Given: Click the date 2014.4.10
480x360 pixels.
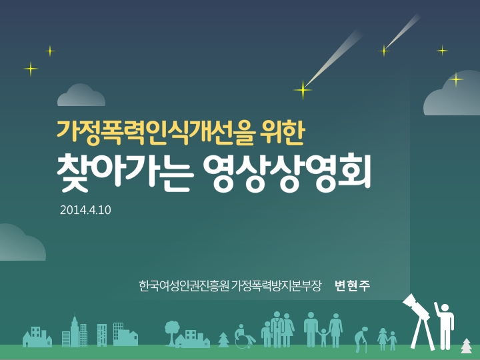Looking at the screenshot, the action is (x=85, y=210).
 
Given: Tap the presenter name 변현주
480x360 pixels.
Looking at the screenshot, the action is (x=353, y=286).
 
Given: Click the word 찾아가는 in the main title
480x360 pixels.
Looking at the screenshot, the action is (x=125, y=173).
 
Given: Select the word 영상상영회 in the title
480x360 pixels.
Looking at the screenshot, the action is (x=287, y=173).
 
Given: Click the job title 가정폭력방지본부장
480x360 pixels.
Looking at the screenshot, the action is (x=276, y=286).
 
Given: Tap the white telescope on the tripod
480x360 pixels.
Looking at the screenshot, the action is (x=419, y=321).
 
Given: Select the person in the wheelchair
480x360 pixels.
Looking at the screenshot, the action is (x=244, y=336).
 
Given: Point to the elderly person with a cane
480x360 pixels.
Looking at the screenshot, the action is (x=361, y=339).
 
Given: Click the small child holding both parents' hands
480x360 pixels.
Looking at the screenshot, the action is (x=323, y=337).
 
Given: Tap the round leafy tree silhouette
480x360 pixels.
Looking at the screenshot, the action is (x=172, y=332).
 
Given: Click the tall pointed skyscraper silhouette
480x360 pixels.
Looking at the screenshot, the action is (x=75, y=331).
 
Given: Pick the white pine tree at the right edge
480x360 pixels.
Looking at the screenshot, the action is (x=466, y=345).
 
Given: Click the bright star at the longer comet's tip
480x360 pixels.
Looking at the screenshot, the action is (x=303, y=90).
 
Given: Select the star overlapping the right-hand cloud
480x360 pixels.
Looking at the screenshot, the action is (x=456, y=79).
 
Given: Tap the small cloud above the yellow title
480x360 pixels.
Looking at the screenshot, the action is (x=81, y=95).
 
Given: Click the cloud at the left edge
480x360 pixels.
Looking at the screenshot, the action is (x=21, y=243).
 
